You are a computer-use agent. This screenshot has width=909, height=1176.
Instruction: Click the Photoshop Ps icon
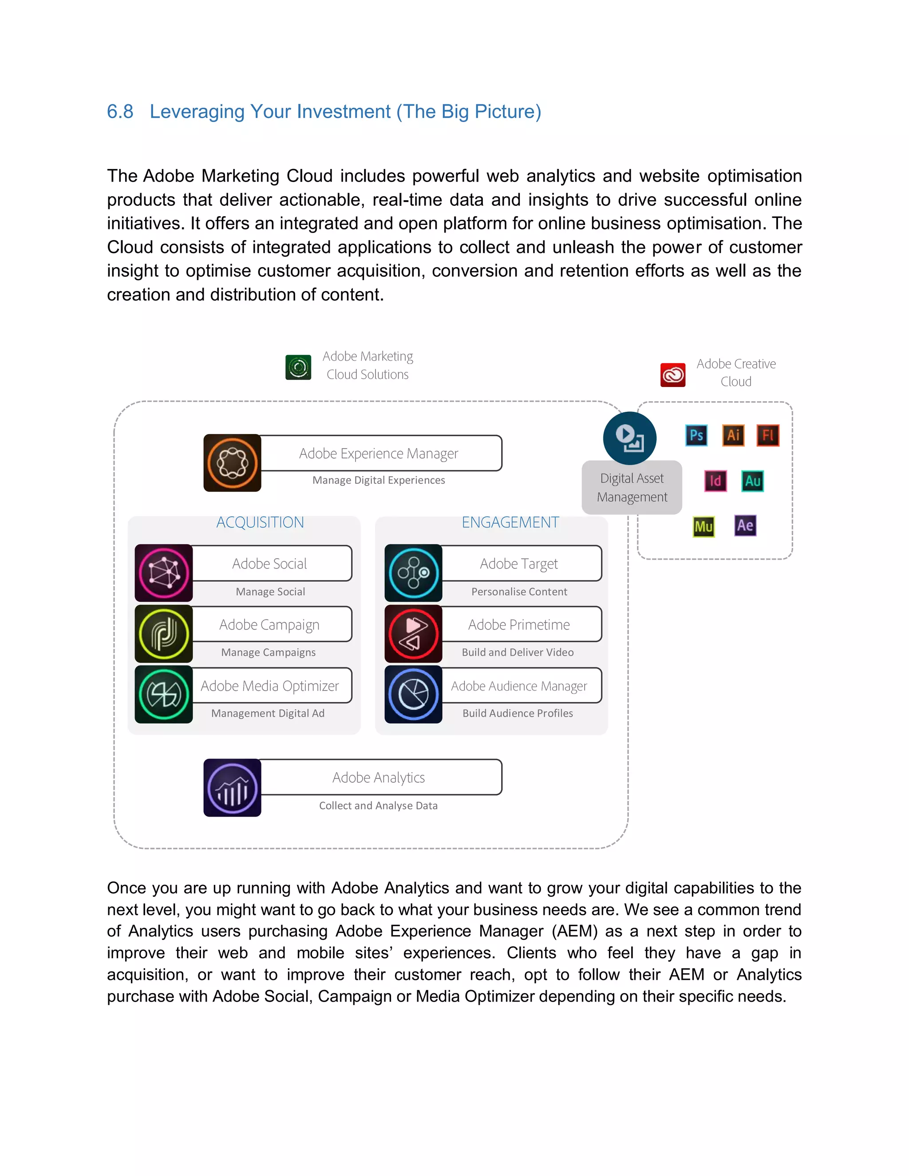(x=696, y=435)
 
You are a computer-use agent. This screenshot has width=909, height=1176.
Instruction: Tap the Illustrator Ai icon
(x=733, y=435)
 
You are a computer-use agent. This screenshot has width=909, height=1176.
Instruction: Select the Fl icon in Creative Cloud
(x=768, y=435)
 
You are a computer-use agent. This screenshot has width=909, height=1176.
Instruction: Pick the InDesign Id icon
(x=715, y=481)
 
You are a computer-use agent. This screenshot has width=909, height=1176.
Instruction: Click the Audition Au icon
(x=752, y=481)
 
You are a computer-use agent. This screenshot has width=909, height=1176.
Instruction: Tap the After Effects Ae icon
(x=745, y=525)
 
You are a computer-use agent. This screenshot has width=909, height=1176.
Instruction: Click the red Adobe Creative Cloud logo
(x=672, y=375)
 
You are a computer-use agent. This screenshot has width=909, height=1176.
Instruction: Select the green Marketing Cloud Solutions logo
(x=298, y=367)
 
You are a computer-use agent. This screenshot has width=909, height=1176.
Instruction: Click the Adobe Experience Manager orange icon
(x=232, y=463)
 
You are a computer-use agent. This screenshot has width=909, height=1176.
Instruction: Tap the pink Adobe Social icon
(x=164, y=573)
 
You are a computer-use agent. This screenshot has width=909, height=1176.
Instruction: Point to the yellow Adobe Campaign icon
(x=164, y=634)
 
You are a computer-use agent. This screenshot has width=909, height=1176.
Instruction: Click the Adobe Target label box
(x=520, y=564)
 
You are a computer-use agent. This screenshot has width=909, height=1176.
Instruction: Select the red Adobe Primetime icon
(x=413, y=634)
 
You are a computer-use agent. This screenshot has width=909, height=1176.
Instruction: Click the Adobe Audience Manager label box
(x=520, y=686)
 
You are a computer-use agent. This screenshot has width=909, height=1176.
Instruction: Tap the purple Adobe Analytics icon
(x=232, y=788)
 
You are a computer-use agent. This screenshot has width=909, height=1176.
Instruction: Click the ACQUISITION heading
(x=260, y=522)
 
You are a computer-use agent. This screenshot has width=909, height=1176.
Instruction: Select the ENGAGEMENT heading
(x=510, y=522)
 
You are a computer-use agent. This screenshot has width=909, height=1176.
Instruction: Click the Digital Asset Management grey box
(x=632, y=488)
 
